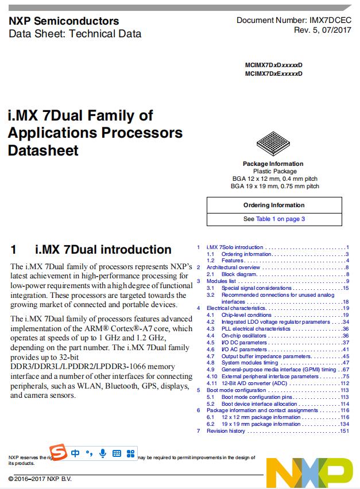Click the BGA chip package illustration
click(x=273, y=144)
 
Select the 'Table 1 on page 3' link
click(x=280, y=219)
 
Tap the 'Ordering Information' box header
click(x=274, y=205)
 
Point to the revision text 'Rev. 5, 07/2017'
click(x=323, y=30)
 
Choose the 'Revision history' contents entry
click(x=226, y=431)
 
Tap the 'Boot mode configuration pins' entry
click(x=257, y=397)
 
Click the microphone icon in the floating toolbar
click(x=103, y=453)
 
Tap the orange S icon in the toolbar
click(x=58, y=453)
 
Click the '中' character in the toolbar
click(x=76, y=453)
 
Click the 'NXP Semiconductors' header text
click(x=64, y=21)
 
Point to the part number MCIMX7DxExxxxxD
click(x=273, y=73)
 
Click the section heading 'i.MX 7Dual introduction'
click(x=103, y=250)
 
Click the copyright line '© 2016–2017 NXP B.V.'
click(x=40, y=479)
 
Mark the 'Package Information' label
click(x=273, y=164)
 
